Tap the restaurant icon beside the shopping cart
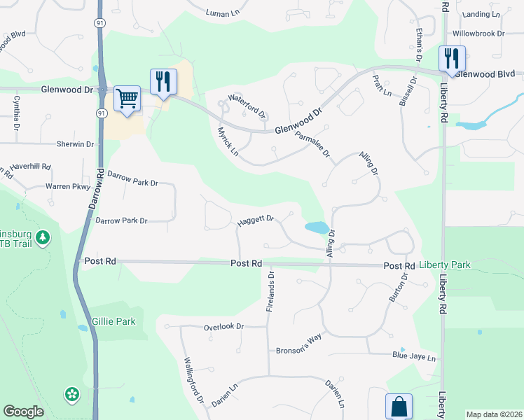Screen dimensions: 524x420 point(163,80)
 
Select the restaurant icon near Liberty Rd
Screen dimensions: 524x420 point(452,58)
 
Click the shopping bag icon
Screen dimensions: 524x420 point(399,406)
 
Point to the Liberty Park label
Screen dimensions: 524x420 point(445,266)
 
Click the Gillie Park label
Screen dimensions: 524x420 point(113,322)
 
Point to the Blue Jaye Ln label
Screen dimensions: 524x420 point(413,356)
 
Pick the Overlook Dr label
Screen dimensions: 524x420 point(223,327)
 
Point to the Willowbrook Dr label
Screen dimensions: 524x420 point(478,33)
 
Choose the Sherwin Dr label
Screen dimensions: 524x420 point(75,143)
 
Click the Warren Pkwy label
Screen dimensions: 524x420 point(68,187)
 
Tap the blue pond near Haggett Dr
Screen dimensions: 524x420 point(317,227)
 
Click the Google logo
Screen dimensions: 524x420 point(24,412)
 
